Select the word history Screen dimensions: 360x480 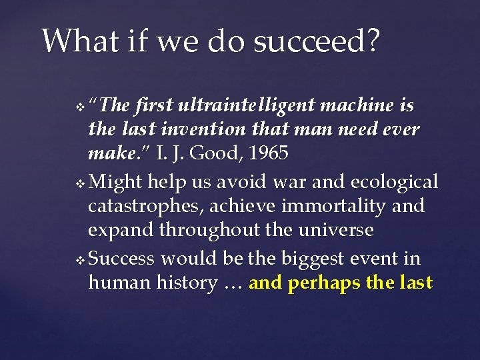coord(186,283)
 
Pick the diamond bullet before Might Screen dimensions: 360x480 coord(81,183)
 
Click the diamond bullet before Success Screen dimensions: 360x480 coord(81,259)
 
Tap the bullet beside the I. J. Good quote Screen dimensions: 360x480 coord(81,107)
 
